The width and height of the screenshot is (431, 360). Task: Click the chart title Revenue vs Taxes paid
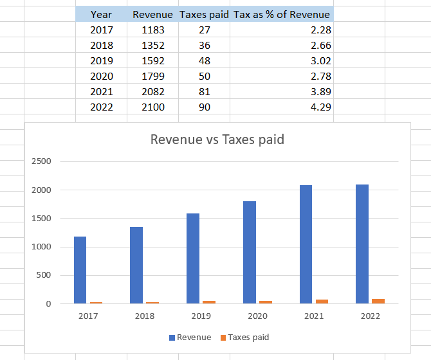coord(217,139)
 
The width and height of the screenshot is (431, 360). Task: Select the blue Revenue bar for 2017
coord(80,270)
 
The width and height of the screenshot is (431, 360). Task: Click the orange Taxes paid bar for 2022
coord(378,301)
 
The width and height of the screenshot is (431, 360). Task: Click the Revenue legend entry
coord(190,337)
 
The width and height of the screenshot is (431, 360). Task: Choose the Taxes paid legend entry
coord(244,337)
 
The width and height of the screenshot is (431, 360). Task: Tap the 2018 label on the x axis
coord(144,316)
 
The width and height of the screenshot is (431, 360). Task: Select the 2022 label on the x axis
coord(370,316)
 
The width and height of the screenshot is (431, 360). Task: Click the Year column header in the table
coord(101,14)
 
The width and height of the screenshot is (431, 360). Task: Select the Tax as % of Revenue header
coord(282,14)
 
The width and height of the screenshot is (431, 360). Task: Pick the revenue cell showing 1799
coord(153,76)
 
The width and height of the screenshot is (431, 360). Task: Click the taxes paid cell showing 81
coord(204,91)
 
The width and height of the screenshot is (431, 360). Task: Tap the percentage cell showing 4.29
coord(320,107)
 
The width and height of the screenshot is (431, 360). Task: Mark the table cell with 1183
coord(153,30)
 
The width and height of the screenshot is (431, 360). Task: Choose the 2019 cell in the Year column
coord(101,60)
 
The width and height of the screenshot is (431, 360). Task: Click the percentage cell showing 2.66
coord(320,45)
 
